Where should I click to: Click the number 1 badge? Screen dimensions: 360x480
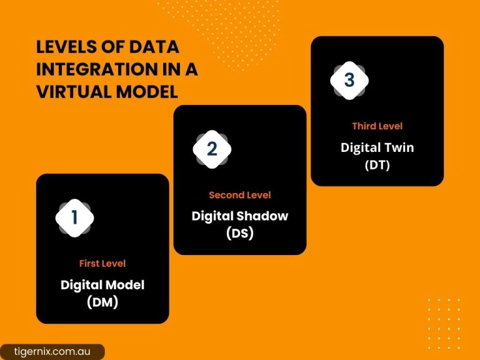[x=74, y=217]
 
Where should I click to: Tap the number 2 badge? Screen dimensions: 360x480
[x=212, y=149]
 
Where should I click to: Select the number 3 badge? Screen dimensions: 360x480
[x=349, y=81]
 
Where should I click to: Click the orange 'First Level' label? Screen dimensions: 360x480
[x=102, y=263]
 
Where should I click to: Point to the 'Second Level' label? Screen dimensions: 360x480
[x=240, y=195]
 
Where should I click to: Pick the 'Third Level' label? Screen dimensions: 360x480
[x=377, y=126]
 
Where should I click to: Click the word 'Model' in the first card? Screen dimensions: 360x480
[x=124, y=284]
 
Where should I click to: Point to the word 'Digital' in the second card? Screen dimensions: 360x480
[x=213, y=216]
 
